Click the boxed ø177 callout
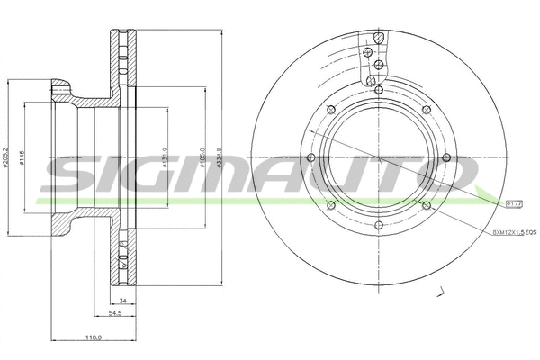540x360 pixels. (x=516, y=205)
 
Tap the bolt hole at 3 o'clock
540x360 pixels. (x=445, y=158)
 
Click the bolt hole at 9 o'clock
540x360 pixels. (x=310, y=158)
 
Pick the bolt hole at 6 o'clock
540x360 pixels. (x=378, y=226)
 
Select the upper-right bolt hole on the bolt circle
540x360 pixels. (x=426, y=111)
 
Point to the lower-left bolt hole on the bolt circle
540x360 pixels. (x=330, y=206)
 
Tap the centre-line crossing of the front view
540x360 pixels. (x=378, y=158)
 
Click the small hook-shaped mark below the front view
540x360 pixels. (x=442, y=291)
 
